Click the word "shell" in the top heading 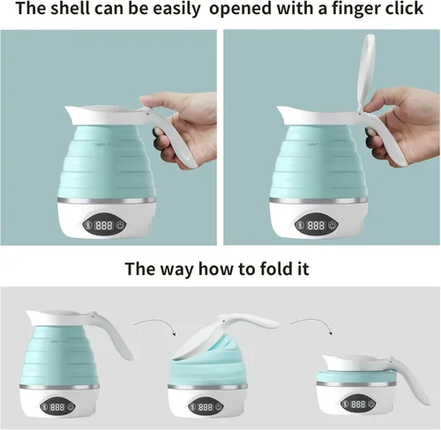click(x=70, y=9)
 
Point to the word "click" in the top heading click(x=404, y=9)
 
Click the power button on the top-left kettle click(x=120, y=226)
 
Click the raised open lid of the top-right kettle click(x=366, y=73)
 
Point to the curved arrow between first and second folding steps click(x=154, y=323)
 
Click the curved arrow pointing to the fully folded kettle click(x=311, y=323)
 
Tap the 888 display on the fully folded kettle click(x=358, y=404)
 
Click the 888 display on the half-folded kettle click(x=205, y=407)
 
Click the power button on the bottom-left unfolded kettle click(x=71, y=407)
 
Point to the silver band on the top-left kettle click(x=107, y=201)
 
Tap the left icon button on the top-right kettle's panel click(x=301, y=226)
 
